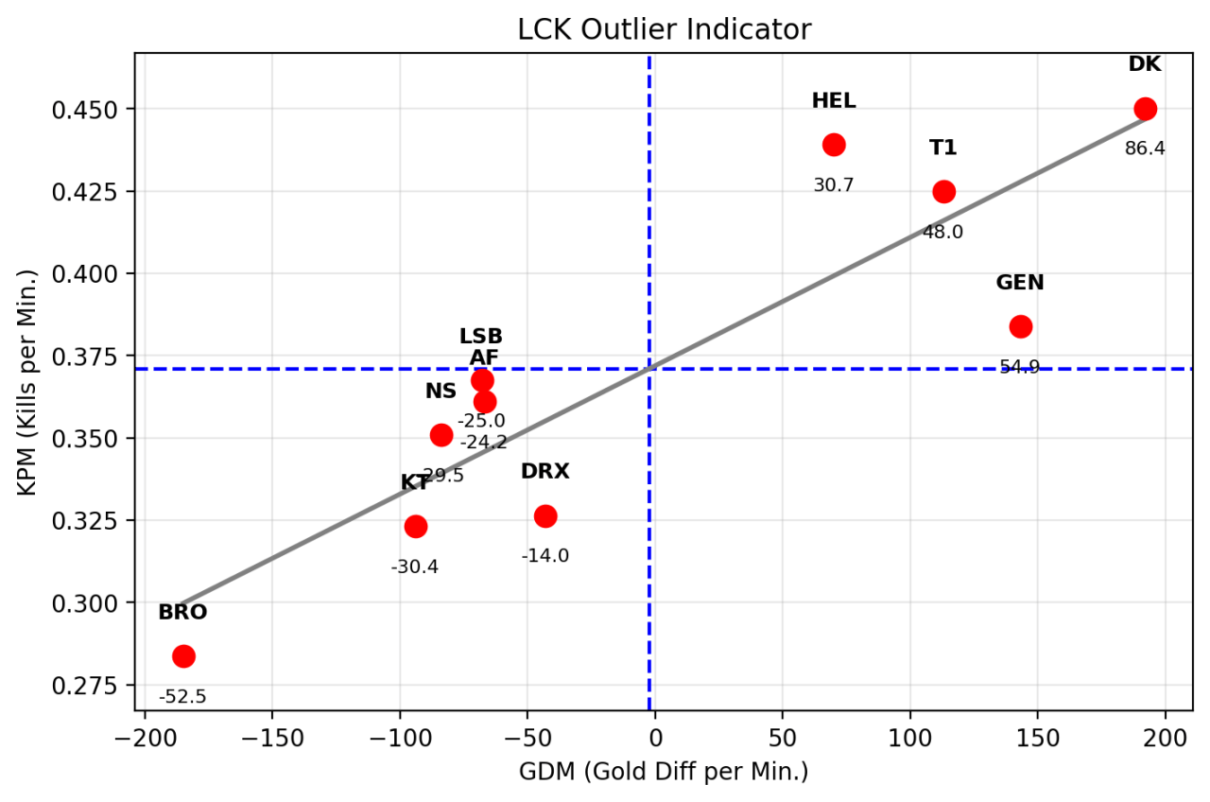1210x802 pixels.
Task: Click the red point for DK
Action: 1145,109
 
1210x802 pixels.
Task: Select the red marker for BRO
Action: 183,656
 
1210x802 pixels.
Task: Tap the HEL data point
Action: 834,145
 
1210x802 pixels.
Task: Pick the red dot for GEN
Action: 1021,326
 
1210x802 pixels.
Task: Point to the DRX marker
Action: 545,516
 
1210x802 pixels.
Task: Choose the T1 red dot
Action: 943,192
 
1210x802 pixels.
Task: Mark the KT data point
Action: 416,526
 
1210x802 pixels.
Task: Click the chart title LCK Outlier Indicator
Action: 664,30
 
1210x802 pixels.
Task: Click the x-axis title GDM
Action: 664,773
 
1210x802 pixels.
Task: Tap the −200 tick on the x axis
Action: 145,738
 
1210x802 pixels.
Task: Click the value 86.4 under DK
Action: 1145,148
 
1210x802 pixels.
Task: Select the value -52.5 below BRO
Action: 182,697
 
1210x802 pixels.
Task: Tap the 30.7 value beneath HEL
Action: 834,185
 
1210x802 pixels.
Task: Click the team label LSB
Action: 481,337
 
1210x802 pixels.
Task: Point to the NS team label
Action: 441,392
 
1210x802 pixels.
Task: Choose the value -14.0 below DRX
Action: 545,556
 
